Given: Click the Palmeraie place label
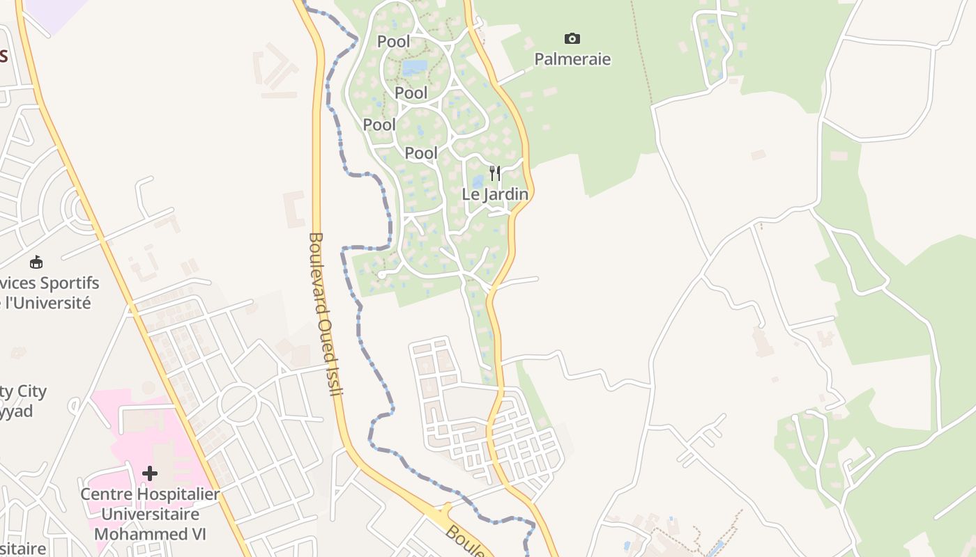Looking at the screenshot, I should pyautogui.click(x=572, y=59).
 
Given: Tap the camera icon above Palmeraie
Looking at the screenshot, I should pyautogui.click(x=572, y=38).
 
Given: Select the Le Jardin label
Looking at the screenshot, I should pyautogui.click(x=495, y=194).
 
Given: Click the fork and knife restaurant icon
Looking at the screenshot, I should pyautogui.click(x=495, y=173).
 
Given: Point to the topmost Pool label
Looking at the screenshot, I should pyautogui.click(x=394, y=42).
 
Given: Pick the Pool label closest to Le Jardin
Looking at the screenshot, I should pyautogui.click(x=422, y=153).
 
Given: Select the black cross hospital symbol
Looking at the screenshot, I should pyautogui.click(x=149, y=473).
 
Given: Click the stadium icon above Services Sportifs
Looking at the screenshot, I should pyautogui.click(x=36, y=262).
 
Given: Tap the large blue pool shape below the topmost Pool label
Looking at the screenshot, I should pyautogui.click(x=414, y=67).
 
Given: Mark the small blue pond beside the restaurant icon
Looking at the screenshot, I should pyautogui.click(x=478, y=182).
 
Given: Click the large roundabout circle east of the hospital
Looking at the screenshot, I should pyautogui.click(x=238, y=403).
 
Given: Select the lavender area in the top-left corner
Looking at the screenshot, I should pyautogui.click(x=56, y=13).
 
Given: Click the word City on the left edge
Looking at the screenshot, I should pyautogui.click(x=32, y=391).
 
